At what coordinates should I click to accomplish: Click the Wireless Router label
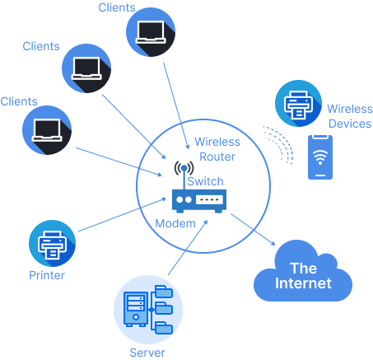coord(217,149)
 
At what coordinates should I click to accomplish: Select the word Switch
coord(205,181)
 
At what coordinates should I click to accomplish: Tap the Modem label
coord(175,224)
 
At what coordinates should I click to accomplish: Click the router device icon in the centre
coord(198,200)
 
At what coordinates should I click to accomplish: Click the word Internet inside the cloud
coord(303,283)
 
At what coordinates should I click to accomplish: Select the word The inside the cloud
coord(303,268)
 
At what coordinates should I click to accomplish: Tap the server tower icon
coord(136,311)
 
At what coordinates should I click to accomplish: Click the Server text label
coord(147,353)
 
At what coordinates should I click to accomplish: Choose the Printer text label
coord(47,275)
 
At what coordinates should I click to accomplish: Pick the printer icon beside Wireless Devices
coord(297,103)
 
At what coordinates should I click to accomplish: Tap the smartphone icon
coord(321,157)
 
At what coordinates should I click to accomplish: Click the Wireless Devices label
coord(349,116)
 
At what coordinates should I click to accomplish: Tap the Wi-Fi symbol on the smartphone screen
coord(321,153)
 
